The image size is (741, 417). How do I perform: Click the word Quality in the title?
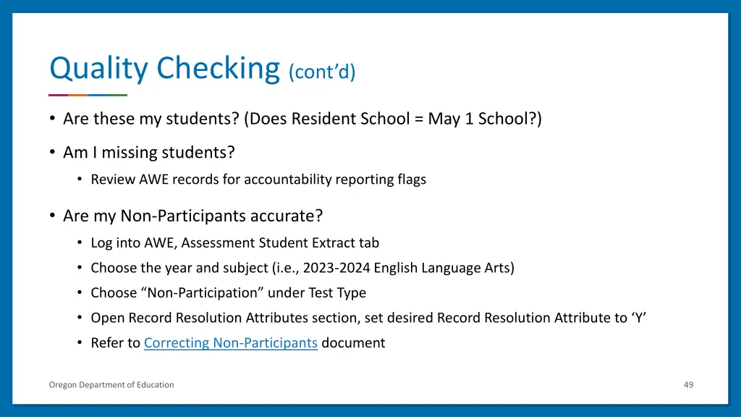coord(100,69)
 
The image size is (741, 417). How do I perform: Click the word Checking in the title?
coord(219,69)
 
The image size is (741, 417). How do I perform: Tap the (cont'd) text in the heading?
coord(322,72)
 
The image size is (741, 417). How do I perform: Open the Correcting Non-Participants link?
coord(231,343)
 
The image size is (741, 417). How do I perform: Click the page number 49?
coord(688,384)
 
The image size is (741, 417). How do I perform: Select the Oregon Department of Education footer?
coord(111,384)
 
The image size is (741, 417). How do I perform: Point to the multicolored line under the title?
coord(88,95)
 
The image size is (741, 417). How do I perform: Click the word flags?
coord(410,180)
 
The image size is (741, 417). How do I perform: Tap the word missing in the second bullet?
coord(130,153)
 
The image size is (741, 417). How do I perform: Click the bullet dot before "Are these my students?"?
coord(53,119)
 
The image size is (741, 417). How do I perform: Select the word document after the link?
coord(353,343)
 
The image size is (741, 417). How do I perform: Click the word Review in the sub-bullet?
coord(112,180)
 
